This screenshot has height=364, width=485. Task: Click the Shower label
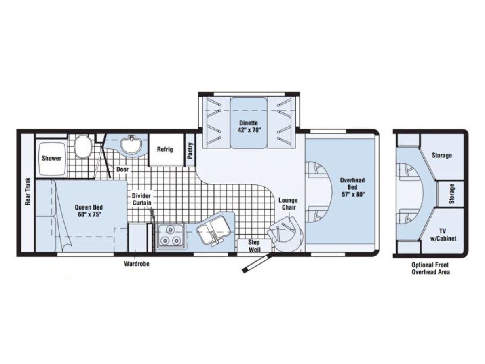[51, 158]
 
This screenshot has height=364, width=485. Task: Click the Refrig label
[165, 149]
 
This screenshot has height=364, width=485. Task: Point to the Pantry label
[190, 150]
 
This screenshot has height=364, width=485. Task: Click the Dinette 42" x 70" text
[249, 126]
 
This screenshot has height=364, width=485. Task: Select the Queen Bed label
[89, 211]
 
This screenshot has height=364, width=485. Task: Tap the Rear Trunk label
[28, 192]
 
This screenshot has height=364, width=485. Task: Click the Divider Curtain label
[141, 199]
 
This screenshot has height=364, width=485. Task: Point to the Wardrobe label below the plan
[137, 264]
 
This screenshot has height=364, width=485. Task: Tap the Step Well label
[254, 245]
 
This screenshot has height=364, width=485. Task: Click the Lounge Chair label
[288, 204]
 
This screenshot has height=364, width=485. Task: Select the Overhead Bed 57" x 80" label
[352, 187]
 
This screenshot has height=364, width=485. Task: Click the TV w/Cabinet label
[443, 235]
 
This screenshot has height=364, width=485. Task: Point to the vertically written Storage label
[451, 194]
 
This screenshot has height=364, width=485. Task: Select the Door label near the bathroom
[122, 169]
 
